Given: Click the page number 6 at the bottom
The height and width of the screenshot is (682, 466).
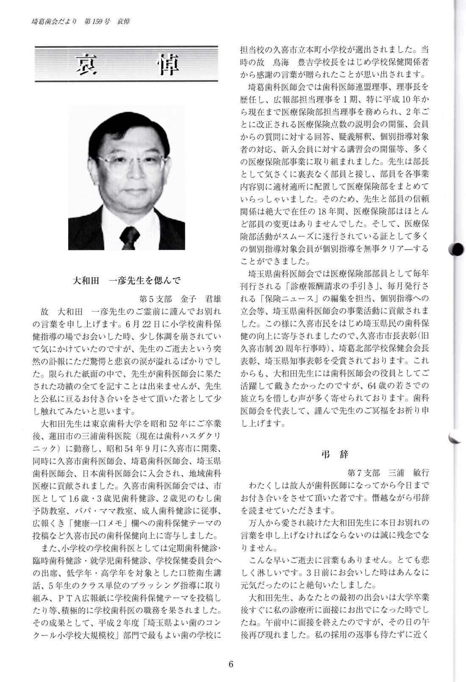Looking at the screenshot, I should coord(231,664).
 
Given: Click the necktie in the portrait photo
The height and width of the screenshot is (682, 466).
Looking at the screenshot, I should coord(128,238).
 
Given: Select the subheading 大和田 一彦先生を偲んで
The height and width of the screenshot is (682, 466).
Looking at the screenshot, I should coord(127,280).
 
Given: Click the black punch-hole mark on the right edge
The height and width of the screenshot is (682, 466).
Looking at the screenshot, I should coord(458,250).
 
